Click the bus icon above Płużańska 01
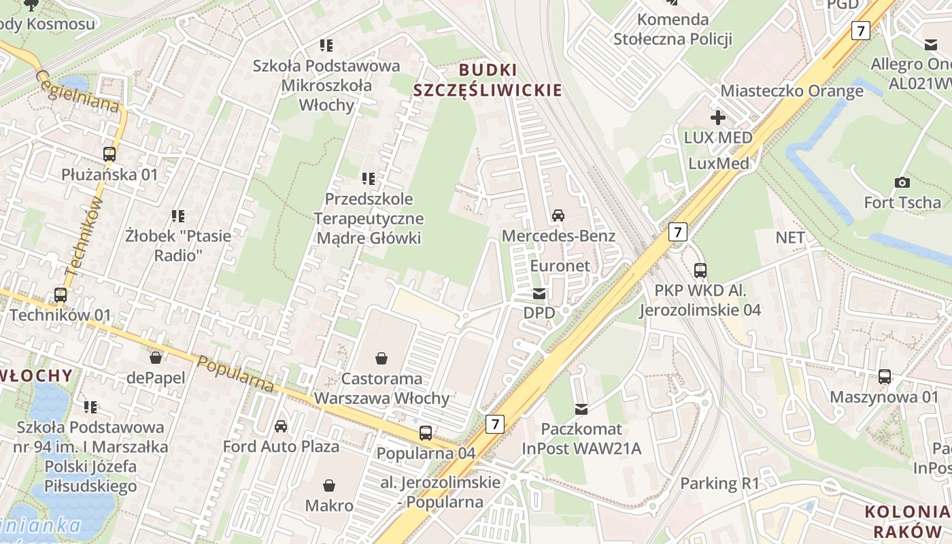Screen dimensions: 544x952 tap(109, 154)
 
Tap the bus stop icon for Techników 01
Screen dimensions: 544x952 tap(61, 295)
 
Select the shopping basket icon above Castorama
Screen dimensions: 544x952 tap(381, 358)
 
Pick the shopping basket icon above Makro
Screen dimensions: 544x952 tap(329, 485)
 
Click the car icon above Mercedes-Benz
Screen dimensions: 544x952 tap(558, 216)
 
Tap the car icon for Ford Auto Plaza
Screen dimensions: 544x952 tap(280, 426)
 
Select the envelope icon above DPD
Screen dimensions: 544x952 tap(539, 294)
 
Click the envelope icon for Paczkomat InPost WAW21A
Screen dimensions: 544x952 tap(581, 409)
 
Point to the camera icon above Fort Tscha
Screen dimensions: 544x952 tap(902, 182)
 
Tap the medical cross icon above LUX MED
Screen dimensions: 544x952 tap(717, 118)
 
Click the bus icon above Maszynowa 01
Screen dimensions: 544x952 tap(884, 376)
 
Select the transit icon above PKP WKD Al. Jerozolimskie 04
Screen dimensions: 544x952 tap(700, 270)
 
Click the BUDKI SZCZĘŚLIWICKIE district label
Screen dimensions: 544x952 tap(488, 80)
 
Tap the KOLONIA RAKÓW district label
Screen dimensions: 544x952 tap(906, 521)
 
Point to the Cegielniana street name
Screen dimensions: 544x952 tap(78, 92)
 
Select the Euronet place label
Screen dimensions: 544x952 tap(560, 266)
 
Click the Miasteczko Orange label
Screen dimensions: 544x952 tap(792, 91)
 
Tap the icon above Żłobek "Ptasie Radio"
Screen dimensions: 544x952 tap(178, 216)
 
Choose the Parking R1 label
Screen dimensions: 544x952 tap(719, 483)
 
